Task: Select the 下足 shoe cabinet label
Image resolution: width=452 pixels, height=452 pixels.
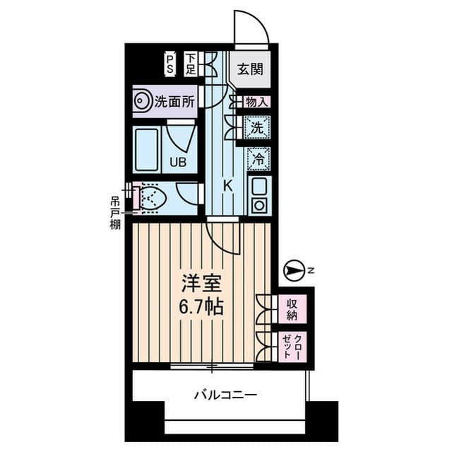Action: pyautogui.click(x=191, y=64)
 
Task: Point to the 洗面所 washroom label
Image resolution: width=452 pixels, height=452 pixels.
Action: pyautogui.click(x=174, y=102)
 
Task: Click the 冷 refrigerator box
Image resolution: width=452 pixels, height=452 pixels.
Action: pyautogui.click(x=258, y=160)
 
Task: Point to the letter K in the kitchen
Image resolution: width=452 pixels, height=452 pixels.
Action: pyautogui.click(x=227, y=185)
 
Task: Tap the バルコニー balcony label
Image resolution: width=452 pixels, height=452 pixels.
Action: pyautogui.click(x=226, y=394)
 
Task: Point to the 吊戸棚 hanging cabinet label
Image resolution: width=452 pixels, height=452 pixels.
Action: pyautogui.click(x=114, y=211)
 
